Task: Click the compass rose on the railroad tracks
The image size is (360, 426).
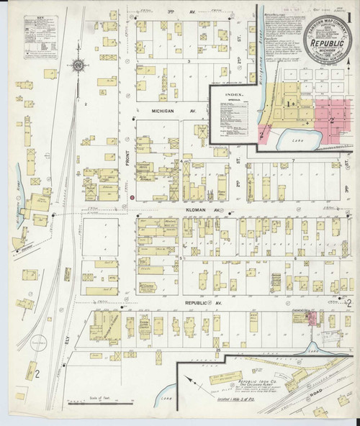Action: [77, 67]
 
